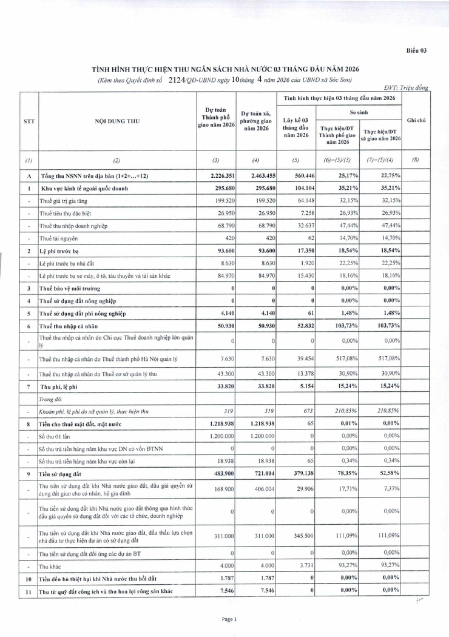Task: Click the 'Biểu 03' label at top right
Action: (x=417, y=50)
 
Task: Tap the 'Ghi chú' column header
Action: (x=416, y=120)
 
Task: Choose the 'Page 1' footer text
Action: (x=229, y=619)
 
